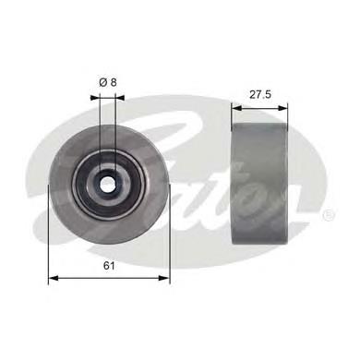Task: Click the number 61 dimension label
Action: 109,266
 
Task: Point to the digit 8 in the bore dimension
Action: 114,81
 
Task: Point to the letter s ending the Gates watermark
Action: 305,198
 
